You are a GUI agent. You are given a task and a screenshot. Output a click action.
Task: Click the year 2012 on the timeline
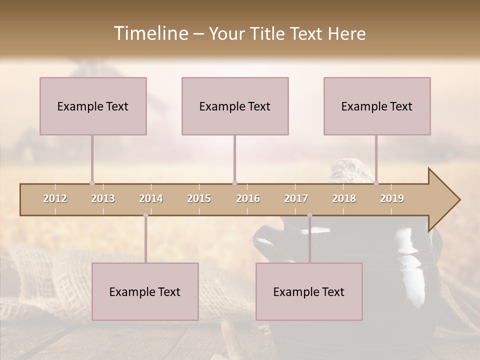pos(55,198)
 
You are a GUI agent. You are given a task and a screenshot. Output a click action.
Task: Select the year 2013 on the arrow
pos(103,198)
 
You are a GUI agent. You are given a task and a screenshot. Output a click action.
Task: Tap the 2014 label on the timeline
pos(151,198)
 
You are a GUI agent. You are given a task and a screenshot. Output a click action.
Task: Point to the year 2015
pos(199,198)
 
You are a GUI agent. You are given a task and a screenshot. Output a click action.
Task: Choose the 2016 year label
pos(248,198)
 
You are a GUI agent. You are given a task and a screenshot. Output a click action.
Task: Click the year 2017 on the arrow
pos(296,198)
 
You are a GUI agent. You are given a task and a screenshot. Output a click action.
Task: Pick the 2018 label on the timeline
pos(344,198)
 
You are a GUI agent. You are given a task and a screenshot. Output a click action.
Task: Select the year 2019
pos(392,198)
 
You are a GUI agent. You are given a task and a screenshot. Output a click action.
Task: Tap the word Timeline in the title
pos(149,33)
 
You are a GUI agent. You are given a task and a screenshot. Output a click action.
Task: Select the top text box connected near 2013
pos(93,106)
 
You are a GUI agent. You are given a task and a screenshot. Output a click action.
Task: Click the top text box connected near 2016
pos(235,106)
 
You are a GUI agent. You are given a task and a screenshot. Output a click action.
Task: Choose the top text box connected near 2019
pos(377,106)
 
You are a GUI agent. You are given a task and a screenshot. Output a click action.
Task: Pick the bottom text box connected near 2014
pos(145,291)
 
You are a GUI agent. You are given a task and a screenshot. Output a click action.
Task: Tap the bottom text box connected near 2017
pos(309,291)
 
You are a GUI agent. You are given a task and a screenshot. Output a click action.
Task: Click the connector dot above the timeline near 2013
pos(92,183)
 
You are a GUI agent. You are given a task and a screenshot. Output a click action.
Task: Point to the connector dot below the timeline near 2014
pos(145,215)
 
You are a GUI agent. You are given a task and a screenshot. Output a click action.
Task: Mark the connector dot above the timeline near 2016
pos(234,183)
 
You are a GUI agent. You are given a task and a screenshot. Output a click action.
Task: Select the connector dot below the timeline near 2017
pos(309,215)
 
